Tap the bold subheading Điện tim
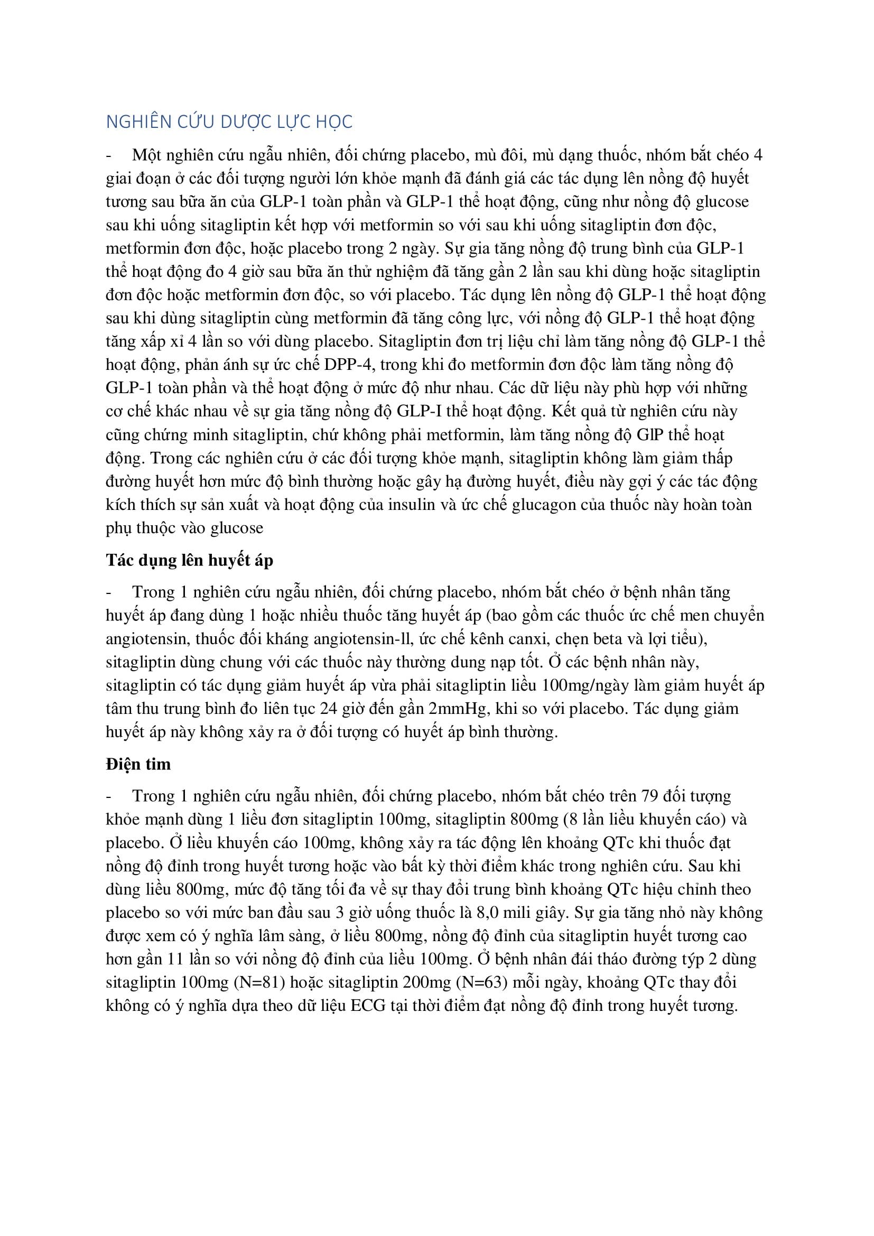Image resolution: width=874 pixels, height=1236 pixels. [x=138, y=765]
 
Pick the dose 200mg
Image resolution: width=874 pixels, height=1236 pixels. [x=427, y=982]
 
